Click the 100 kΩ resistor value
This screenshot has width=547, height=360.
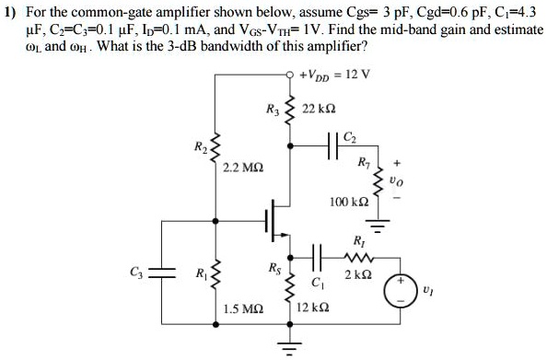(x=347, y=200)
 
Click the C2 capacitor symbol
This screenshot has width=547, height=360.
(x=332, y=145)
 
